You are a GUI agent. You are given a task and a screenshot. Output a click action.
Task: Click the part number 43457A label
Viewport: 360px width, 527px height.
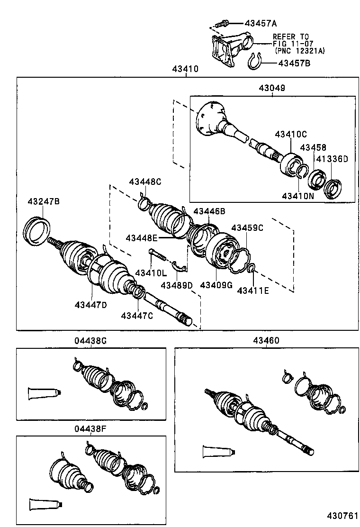[261, 23]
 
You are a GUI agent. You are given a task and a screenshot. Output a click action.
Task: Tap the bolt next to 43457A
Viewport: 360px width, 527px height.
[221, 22]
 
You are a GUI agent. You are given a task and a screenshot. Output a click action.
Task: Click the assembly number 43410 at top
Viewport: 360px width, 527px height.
[185, 69]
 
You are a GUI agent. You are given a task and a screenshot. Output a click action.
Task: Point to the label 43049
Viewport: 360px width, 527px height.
[272, 88]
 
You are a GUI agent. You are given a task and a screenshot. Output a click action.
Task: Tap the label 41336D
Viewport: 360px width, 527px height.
[332, 159]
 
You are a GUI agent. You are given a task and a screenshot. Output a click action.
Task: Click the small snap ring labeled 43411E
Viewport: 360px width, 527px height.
[252, 270]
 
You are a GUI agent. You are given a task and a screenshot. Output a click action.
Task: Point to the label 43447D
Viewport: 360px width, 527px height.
[90, 304]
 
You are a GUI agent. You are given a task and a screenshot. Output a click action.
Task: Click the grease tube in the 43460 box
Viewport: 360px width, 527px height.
[218, 451]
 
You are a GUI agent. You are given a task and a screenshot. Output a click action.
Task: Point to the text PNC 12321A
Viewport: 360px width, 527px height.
[299, 50]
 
